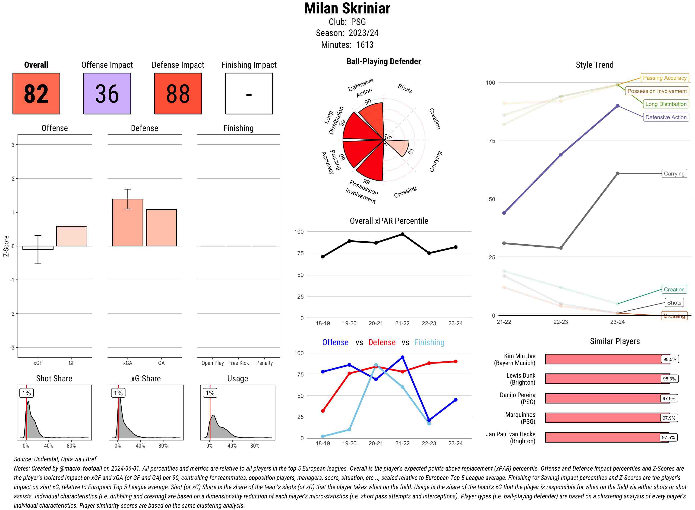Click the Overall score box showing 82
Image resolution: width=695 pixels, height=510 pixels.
click(36, 94)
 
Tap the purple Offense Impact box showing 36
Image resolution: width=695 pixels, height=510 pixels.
click(107, 94)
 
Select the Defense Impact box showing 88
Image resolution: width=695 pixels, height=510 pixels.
click(178, 94)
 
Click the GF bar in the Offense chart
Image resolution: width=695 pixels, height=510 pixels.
click(72, 236)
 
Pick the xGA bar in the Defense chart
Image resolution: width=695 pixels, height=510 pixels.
click(128, 223)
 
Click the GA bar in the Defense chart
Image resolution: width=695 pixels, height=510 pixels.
click(161, 228)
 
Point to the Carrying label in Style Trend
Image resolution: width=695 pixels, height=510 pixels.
click(674, 173)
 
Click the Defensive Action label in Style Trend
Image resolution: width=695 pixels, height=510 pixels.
click(666, 117)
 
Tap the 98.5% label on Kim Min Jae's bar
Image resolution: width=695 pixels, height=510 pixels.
click(669, 359)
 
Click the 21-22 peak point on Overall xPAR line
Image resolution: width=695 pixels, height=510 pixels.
click(402, 234)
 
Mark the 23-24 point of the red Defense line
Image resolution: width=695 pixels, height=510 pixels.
click(456, 361)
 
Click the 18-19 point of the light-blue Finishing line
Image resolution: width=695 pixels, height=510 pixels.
click(323, 436)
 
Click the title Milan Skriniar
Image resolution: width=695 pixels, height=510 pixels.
click(347, 9)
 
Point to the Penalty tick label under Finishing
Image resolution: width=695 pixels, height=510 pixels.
click(264, 363)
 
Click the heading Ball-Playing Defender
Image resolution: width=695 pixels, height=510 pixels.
click(383, 61)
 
